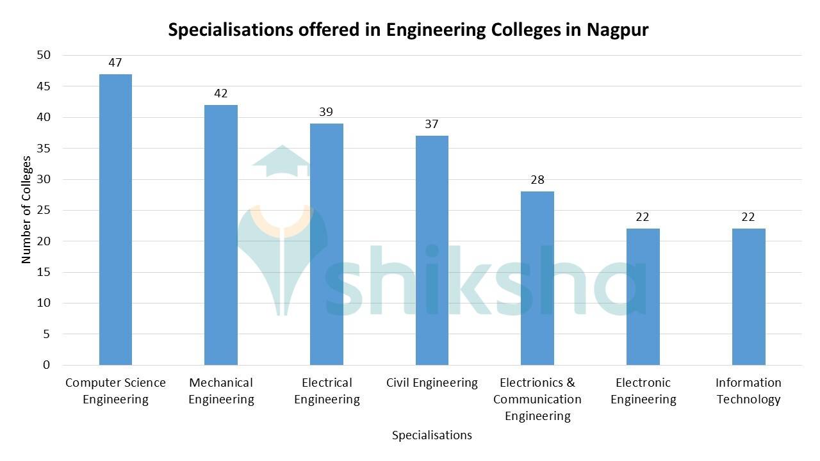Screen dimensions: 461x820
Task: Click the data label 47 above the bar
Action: pyautogui.click(x=115, y=63)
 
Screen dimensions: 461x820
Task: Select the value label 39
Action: pyautogui.click(x=326, y=112)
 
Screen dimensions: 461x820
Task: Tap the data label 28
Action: pyautogui.click(x=537, y=180)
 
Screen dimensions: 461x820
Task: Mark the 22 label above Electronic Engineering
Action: pyautogui.click(x=643, y=217)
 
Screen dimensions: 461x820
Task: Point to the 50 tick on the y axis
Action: pyautogui.click(x=43, y=55)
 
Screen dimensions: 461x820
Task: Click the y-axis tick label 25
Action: pyautogui.click(x=43, y=210)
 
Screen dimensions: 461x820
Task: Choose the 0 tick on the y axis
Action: pyautogui.click(x=46, y=365)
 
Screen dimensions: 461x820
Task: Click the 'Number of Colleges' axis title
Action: pyautogui.click(x=26, y=210)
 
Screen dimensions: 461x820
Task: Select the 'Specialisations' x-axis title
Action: pyautogui.click(x=432, y=435)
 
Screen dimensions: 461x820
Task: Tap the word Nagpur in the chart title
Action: pyautogui.click(x=618, y=29)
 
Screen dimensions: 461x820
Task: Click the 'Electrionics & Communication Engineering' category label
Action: pyautogui.click(x=537, y=400)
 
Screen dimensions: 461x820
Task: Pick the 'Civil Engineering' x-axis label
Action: pyautogui.click(x=432, y=383)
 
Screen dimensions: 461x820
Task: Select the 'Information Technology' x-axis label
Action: pyautogui.click(x=748, y=391)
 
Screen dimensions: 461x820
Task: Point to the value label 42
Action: pyautogui.click(x=221, y=93)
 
